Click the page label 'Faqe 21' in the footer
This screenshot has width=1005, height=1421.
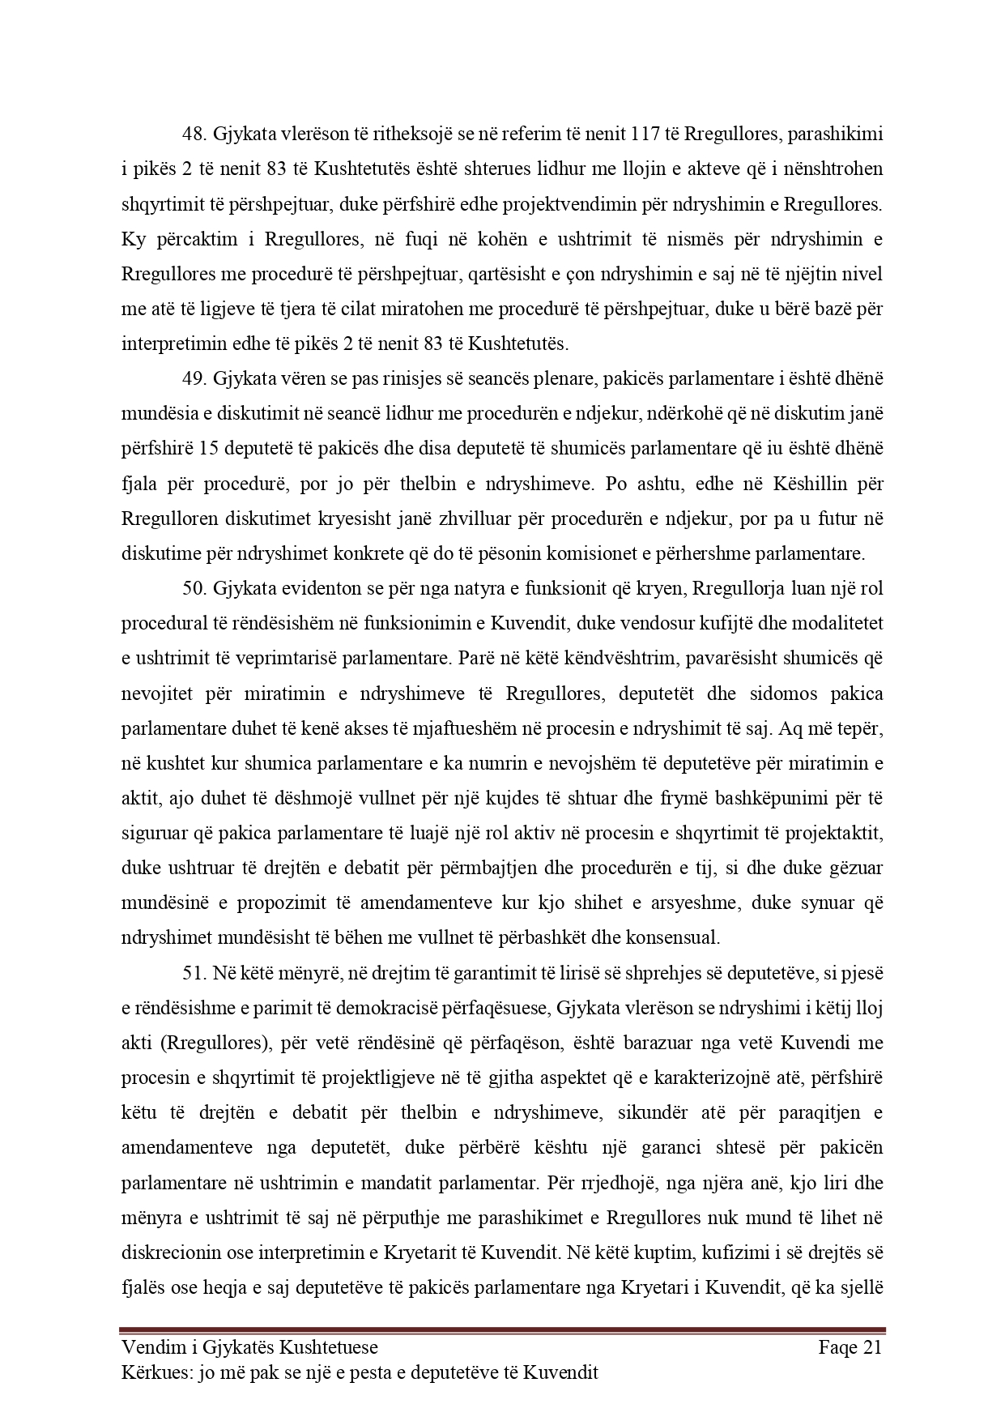850,1347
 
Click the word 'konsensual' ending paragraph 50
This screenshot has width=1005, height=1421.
679,938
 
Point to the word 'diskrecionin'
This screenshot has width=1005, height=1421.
168,1252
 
